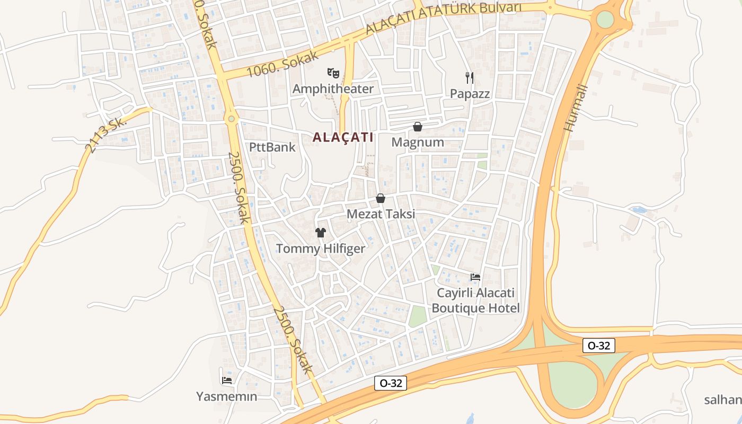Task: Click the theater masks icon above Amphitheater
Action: [333, 72]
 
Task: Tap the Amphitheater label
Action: [333, 89]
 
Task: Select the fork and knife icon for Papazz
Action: [469, 78]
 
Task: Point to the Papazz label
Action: [470, 94]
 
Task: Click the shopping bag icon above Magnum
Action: [418, 127]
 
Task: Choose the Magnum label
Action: [418, 142]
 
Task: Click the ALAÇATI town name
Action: [343, 137]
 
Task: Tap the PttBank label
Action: [272, 147]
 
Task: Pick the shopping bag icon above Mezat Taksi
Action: [381, 198]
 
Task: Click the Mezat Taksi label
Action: [381, 214]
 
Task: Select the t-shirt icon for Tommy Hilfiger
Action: [321, 232]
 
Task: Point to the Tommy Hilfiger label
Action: [321, 249]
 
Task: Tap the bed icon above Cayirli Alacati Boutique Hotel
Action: [475, 277]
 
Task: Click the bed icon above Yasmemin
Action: [227, 380]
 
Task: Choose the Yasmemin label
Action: [227, 396]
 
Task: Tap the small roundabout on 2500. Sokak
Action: [231, 119]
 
